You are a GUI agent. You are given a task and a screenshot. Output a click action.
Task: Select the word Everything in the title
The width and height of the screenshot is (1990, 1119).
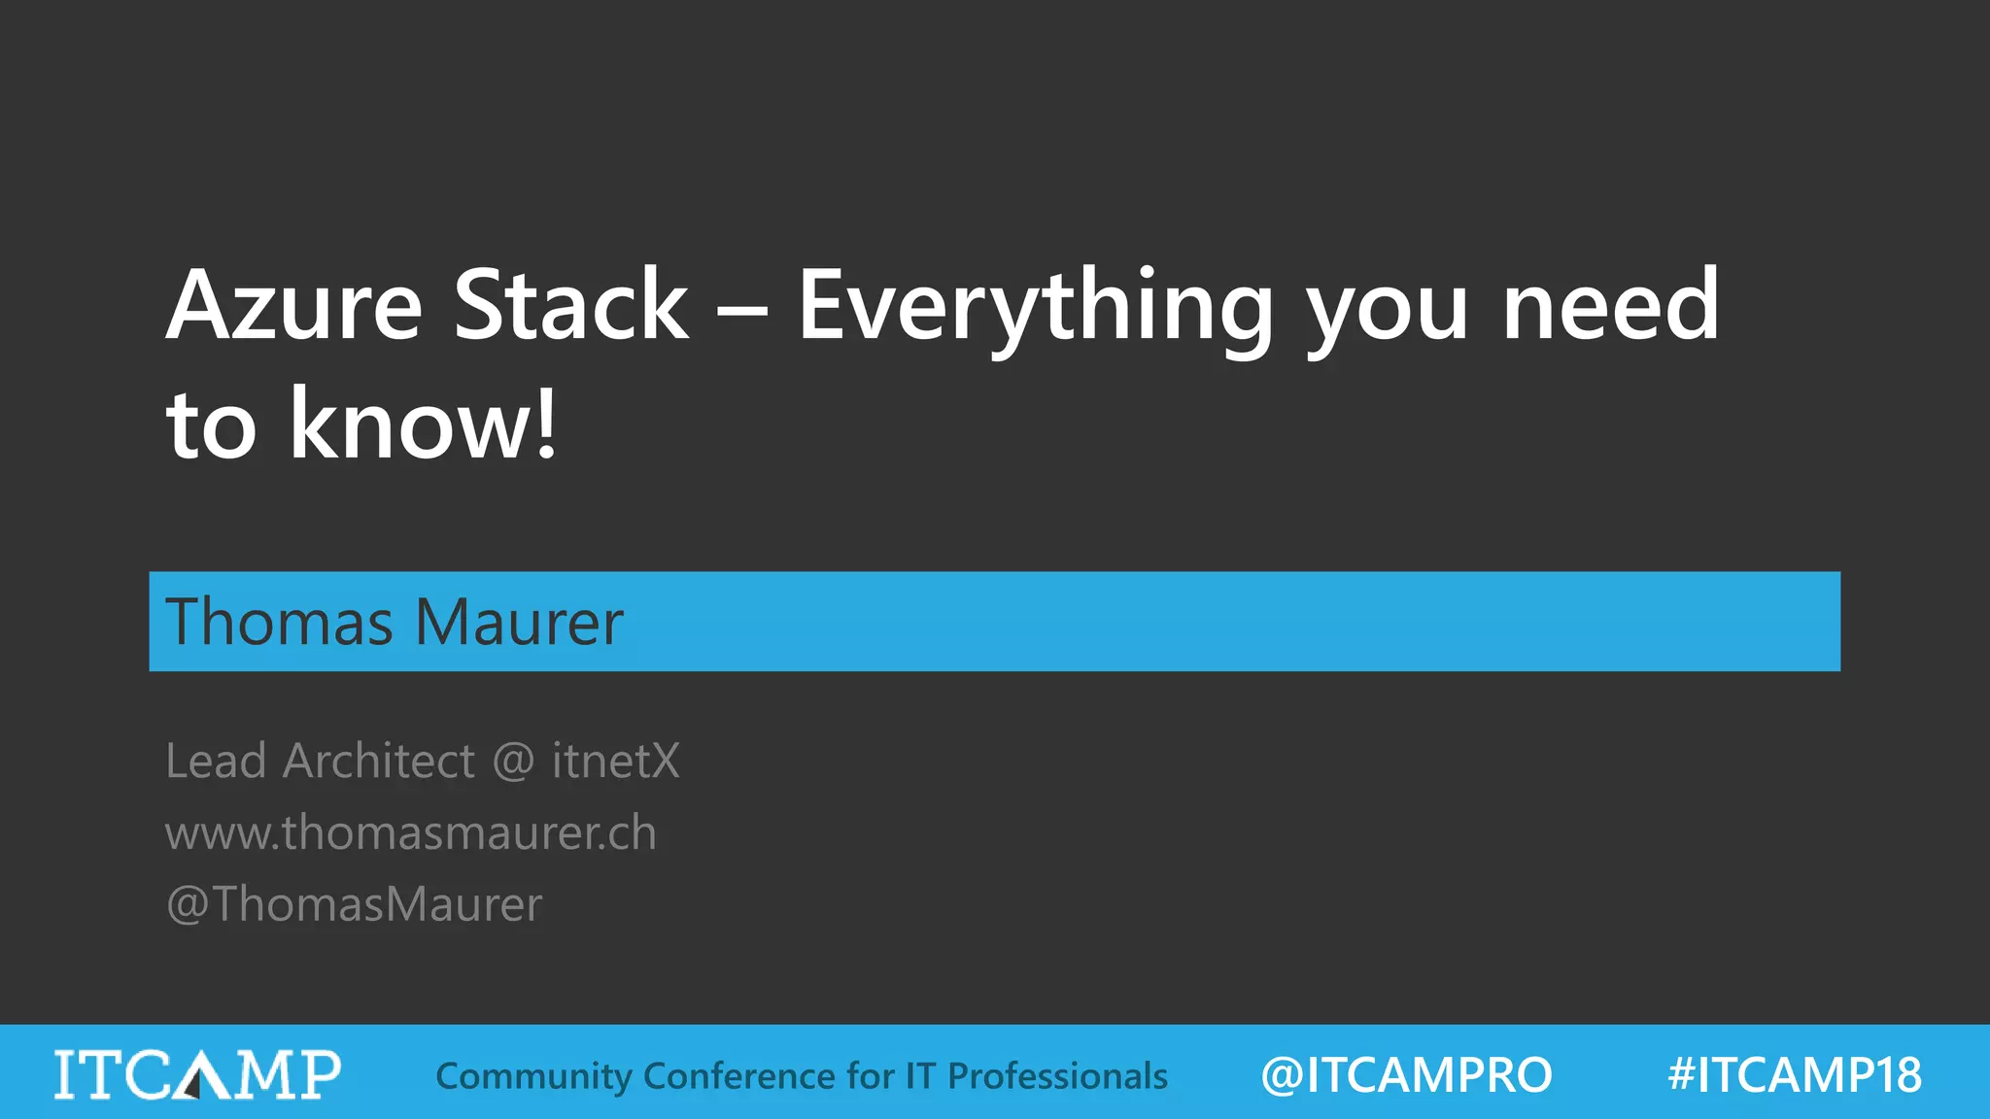tap(1035, 309)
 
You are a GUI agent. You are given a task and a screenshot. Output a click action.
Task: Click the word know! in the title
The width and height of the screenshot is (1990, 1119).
tap(424, 424)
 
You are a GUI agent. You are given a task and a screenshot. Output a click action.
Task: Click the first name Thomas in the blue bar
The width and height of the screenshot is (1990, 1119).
tap(279, 622)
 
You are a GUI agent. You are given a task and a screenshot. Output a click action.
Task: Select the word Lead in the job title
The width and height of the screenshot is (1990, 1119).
tap(216, 761)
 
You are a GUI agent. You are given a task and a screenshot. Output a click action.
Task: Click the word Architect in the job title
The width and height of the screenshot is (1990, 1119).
tap(379, 761)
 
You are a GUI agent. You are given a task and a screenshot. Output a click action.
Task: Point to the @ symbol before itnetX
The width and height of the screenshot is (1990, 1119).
tap(514, 761)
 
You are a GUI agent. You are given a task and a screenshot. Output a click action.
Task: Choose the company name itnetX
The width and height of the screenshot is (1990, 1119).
tap(616, 761)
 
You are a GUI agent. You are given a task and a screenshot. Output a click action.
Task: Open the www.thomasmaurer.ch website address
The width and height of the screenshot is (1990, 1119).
tap(411, 833)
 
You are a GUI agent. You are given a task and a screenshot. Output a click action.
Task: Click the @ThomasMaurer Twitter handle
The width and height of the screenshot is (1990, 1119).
tap(355, 905)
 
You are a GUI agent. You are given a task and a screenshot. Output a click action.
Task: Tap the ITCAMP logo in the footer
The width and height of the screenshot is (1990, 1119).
tap(197, 1074)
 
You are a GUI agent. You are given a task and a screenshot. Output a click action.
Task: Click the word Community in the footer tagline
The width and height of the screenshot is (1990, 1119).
tap(533, 1076)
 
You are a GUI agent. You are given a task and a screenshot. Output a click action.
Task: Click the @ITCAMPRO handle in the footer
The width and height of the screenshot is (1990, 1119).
tap(1406, 1075)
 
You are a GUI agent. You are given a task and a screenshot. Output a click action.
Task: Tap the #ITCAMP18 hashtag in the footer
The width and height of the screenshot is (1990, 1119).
tap(1794, 1075)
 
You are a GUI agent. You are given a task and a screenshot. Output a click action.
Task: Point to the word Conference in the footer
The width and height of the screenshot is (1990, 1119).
tap(740, 1076)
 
